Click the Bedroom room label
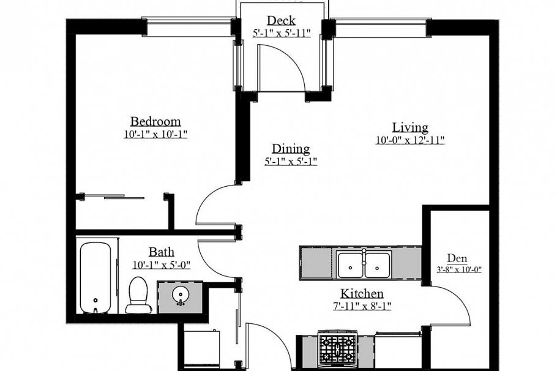155,121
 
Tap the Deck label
281,21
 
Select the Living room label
410,127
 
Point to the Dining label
291,149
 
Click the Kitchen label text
362,293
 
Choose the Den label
457,257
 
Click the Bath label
162,252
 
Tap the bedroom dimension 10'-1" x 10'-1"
155,134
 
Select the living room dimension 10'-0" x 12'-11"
410,140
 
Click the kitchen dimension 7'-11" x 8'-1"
362,305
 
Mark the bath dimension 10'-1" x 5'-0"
162,265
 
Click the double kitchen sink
364,264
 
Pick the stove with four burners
338,349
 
